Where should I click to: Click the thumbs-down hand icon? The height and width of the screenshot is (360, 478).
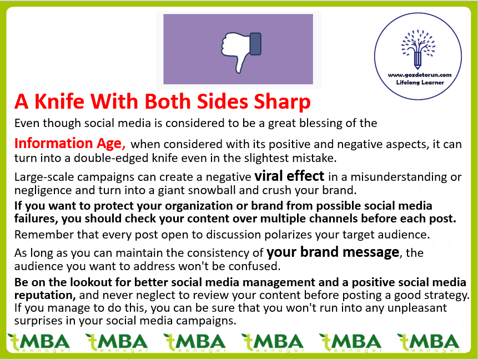(241, 52)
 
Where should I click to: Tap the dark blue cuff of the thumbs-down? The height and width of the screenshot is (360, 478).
(255, 44)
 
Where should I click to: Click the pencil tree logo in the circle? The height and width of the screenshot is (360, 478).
(418, 49)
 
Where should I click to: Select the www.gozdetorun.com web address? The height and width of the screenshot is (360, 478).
(420, 75)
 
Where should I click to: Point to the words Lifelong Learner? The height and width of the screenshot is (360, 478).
(420, 83)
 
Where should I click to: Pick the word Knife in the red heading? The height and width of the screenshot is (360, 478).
(59, 101)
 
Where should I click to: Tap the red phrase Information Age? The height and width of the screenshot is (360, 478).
(70, 144)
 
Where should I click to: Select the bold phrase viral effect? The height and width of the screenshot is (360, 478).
(289, 176)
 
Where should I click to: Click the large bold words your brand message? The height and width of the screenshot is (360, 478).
(333, 252)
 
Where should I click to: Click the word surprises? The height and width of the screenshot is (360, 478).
(39, 321)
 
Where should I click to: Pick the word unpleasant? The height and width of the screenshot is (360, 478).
(417, 308)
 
